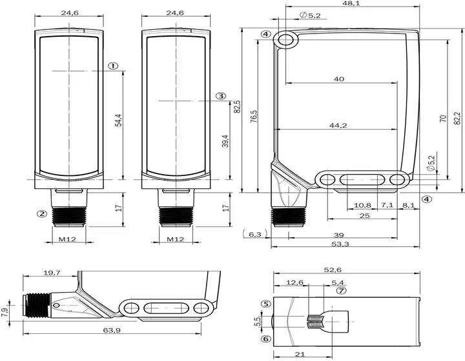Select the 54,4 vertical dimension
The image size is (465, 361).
point(118,120)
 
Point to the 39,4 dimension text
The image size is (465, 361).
point(225,141)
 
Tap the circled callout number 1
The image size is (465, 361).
point(112,66)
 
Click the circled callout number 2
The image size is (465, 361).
point(42,213)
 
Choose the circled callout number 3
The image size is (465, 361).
point(220,96)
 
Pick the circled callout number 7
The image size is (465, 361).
point(341,291)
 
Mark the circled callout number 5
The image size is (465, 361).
point(266,304)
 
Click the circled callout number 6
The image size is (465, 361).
point(266,338)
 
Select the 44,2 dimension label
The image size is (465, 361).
point(338,126)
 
